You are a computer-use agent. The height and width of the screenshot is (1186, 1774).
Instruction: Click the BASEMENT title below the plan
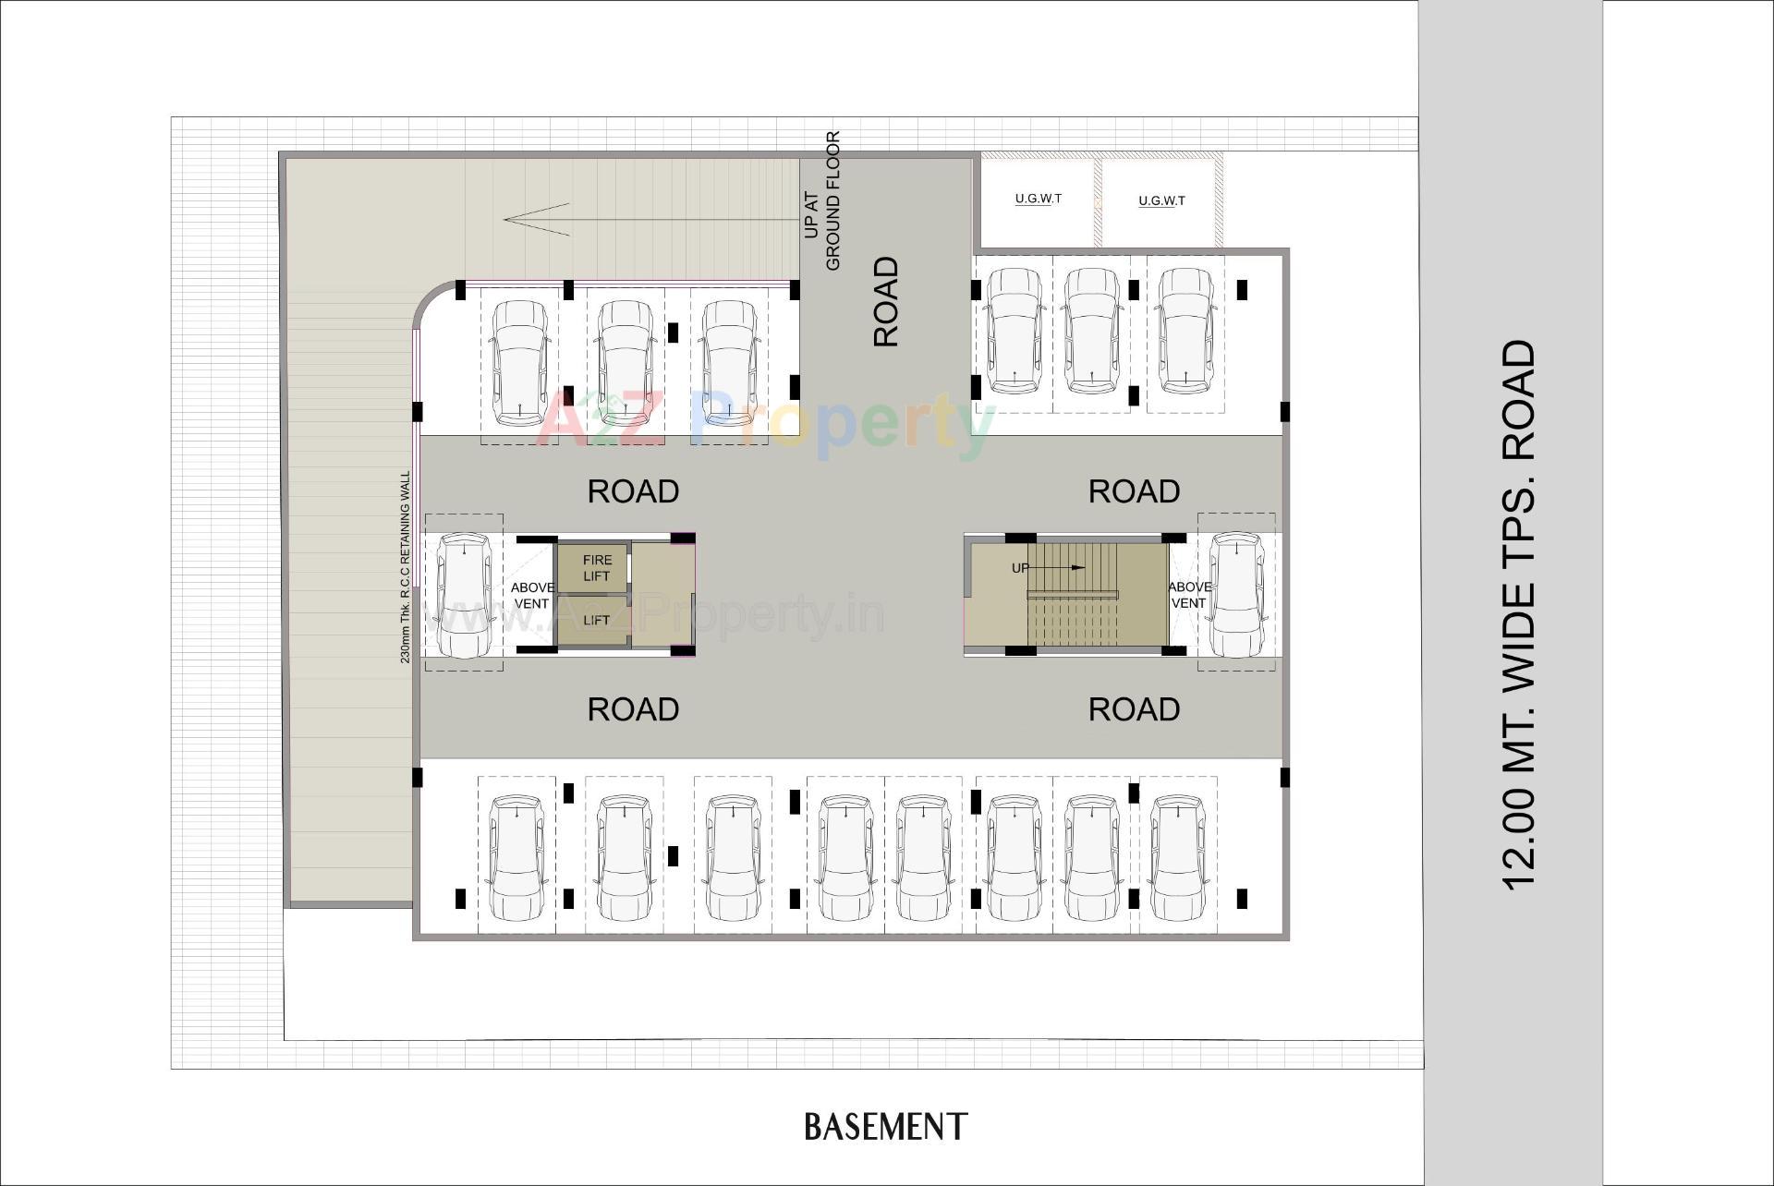pos(885,1127)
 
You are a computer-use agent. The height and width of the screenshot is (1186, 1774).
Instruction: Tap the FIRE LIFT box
pos(596,567)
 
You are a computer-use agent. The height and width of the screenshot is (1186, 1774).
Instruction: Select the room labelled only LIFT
pos(596,620)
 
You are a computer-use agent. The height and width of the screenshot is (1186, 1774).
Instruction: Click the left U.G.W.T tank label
pos(1038,199)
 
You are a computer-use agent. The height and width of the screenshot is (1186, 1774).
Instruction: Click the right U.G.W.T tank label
pos(1161,200)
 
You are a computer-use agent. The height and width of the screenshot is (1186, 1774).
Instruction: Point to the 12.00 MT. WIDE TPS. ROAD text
pos(1518,614)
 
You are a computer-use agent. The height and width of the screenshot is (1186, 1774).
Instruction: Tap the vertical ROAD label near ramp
pos(885,301)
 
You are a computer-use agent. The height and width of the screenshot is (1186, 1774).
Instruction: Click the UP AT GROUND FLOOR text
pos(821,201)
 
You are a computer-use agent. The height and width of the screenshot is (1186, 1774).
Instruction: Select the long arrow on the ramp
pos(647,220)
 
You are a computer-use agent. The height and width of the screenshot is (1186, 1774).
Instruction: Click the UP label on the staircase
pos(1020,567)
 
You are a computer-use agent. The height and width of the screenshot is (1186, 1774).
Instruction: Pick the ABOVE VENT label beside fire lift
pos(532,595)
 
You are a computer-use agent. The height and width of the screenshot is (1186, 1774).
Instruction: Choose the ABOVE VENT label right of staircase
pos(1188,595)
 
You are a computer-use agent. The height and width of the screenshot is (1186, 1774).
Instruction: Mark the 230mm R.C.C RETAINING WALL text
pos(405,567)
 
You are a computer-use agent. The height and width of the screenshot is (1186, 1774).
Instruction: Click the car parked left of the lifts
pos(463,594)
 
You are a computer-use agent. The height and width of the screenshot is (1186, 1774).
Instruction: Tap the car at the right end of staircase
pos(1236,594)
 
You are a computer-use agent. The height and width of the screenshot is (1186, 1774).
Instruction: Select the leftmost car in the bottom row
pos(516,857)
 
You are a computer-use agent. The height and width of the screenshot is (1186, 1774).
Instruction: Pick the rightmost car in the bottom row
pos(1178,857)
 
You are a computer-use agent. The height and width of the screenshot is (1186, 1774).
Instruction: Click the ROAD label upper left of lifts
pos(633,491)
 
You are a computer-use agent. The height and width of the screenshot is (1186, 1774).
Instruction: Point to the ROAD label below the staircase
pos(1134,709)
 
